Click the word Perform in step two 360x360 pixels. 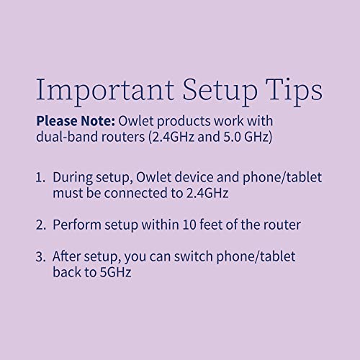(x=77, y=225)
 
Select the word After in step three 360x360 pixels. (x=68, y=257)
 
